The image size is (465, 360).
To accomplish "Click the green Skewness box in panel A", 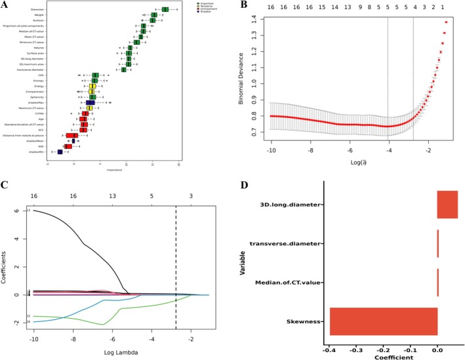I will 165,9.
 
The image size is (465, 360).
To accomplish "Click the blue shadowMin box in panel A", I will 60,151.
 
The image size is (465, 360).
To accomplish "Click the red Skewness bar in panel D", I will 384,321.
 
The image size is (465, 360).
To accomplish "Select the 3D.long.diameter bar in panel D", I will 448,205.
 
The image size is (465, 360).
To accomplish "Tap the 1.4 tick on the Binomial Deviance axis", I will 252,21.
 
